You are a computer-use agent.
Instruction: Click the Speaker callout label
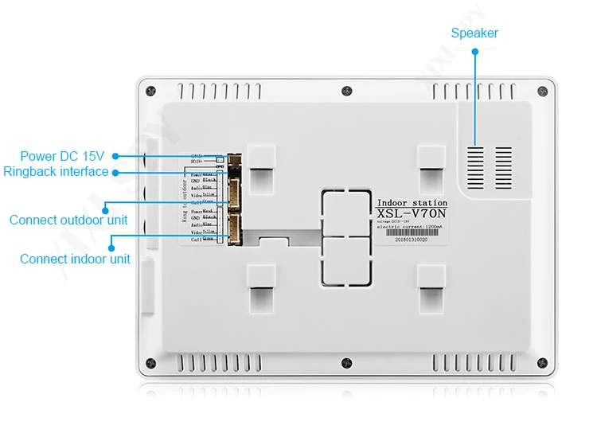coord(474,33)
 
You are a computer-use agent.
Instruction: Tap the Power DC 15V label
coord(62,156)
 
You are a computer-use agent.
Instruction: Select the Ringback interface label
coord(56,171)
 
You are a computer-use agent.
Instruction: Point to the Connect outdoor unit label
coord(68,220)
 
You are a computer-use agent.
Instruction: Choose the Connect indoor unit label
coord(75,259)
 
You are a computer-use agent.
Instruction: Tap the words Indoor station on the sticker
coord(412,203)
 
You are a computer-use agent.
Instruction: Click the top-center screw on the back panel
coord(346,91)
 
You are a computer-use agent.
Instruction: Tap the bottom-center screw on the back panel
coord(345,362)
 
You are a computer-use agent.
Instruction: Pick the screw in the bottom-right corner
coord(543,362)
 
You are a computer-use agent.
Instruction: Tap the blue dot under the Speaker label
coord(475,51)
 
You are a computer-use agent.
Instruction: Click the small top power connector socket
coord(235,159)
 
